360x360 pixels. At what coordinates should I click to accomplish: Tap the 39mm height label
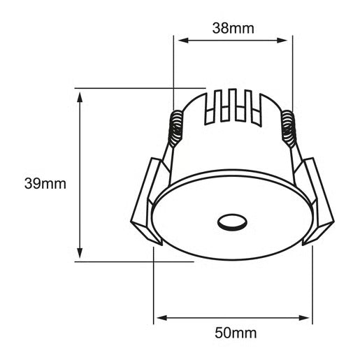coord(45,184)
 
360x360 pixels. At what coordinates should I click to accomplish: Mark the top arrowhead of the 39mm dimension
coord(80,94)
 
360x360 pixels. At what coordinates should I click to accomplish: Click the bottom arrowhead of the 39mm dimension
coord(80,256)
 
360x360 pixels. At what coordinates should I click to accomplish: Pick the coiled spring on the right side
coord(287,129)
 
